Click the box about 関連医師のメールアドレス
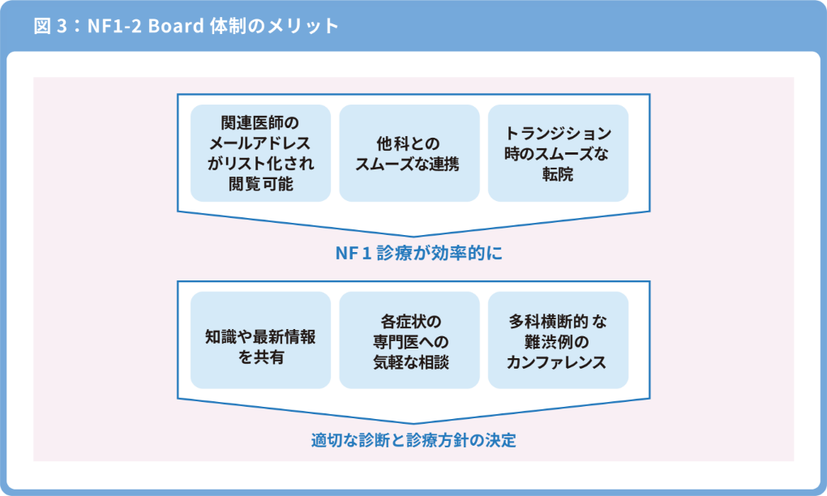[260, 153]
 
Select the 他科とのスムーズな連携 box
[409, 153]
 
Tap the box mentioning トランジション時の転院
[558, 153]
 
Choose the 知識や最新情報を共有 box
[260, 340]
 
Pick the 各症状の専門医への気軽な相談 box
[409, 340]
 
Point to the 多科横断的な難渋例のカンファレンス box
[558, 340]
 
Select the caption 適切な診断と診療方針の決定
[413, 441]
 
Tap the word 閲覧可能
[260, 184]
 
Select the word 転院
[558, 173]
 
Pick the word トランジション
[558, 133]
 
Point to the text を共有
[260, 357]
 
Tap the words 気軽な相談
[409, 361]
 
